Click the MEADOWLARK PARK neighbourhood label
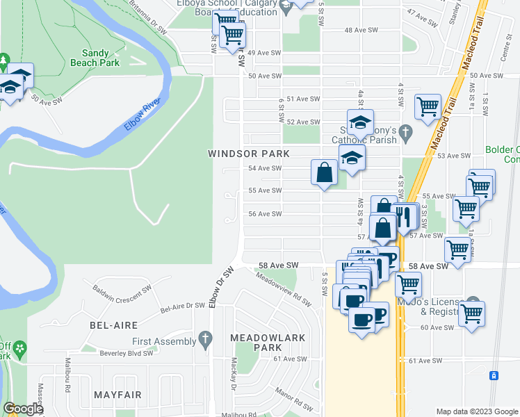[x=257, y=342]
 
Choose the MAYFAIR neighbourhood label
[x=118, y=395]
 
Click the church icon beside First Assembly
[x=204, y=340]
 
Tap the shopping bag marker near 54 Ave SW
[x=325, y=172]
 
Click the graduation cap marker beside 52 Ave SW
[x=360, y=122]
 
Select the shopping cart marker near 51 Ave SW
[x=427, y=106]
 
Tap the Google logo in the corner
[x=23, y=409]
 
